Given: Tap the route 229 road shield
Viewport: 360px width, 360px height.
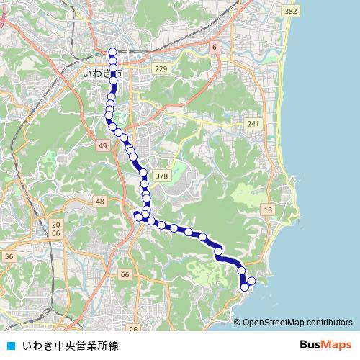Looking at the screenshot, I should tap(161, 69).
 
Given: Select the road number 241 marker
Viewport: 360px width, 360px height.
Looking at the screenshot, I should tap(253, 124).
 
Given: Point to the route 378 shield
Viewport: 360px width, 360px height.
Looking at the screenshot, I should tap(161, 176).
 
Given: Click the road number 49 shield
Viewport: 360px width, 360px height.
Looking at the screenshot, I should tap(103, 146).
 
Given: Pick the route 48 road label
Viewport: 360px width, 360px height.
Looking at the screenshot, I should tap(99, 202).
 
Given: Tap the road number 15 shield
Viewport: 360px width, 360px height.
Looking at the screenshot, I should tap(268, 209).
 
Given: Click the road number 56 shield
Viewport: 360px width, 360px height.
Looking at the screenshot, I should tap(9, 256).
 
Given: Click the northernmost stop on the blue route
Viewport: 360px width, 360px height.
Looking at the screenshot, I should tap(112, 51).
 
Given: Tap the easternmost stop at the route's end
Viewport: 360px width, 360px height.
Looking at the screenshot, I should tap(251, 281).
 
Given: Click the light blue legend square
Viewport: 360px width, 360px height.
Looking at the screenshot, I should tap(10, 345).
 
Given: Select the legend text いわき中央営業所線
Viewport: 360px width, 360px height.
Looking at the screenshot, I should tap(70, 345).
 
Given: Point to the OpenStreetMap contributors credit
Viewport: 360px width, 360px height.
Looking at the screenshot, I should tap(297, 322).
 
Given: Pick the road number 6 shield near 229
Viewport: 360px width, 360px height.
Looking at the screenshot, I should tap(214, 47).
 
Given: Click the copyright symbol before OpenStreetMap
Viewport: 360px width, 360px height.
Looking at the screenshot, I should tap(237, 322).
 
